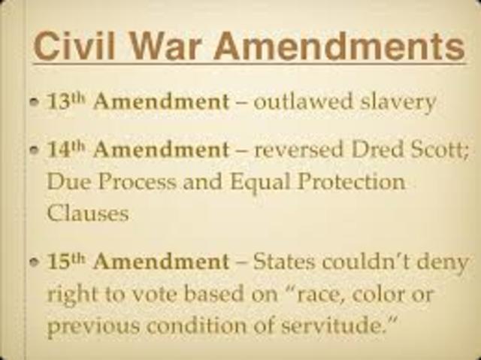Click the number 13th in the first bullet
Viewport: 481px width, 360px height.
pyautogui.click(x=67, y=101)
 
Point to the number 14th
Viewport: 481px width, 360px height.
pyautogui.click(x=67, y=150)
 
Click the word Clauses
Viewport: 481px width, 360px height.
pyautogui.click(x=88, y=212)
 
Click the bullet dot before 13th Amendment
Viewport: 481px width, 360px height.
pyautogui.click(x=35, y=103)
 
